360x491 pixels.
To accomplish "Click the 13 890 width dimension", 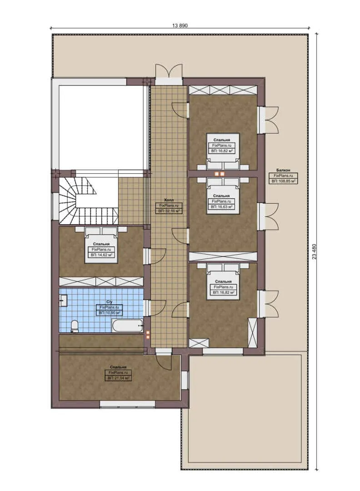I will pyautogui.click(x=180, y=25).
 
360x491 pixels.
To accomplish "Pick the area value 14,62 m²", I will pyautogui.click(x=101, y=255).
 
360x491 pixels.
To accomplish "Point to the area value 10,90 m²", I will pyautogui.click(x=109, y=313).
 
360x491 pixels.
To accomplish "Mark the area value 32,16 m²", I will pyautogui.click(x=169, y=211).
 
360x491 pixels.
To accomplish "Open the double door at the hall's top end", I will pyautogui.click(x=169, y=72).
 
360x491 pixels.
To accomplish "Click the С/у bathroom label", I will pyautogui.click(x=109, y=302).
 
